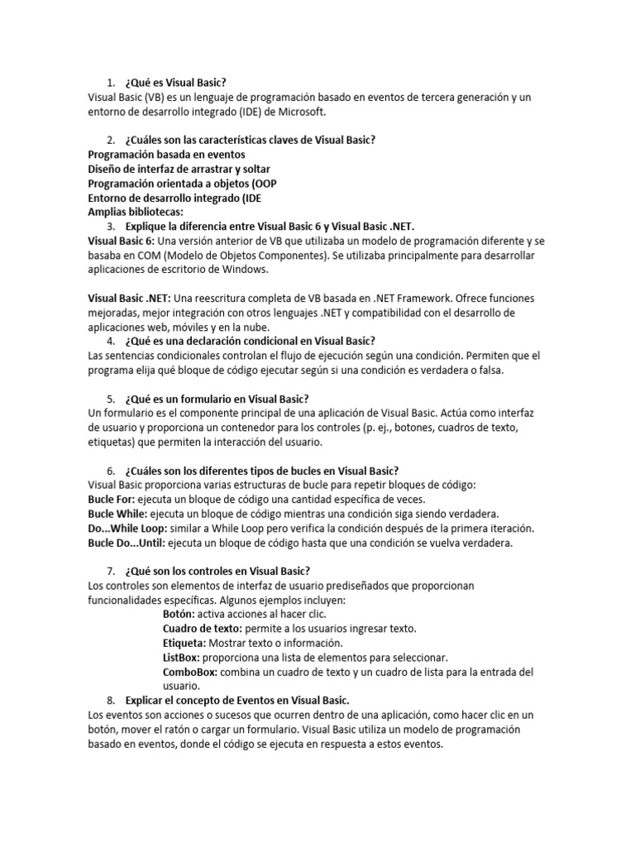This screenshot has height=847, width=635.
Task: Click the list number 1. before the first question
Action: click(111, 84)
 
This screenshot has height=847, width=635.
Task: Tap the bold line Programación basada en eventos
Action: click(166, 155)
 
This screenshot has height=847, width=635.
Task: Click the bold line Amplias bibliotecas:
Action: click(136, 212)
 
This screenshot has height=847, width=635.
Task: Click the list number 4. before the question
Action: click(111, 341)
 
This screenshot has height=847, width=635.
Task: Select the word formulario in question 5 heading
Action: click(192, 399)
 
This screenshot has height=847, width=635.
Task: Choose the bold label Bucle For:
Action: click(112, 499)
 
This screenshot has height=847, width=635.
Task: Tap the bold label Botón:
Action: click(179, 614)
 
